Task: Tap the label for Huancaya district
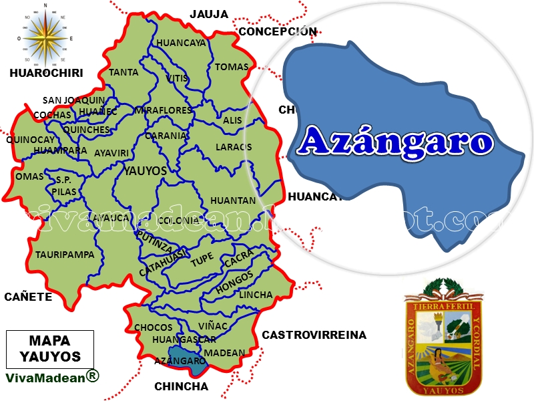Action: [x=181, y=43]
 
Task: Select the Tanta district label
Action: [x=123, y=72]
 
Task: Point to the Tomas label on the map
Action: [x=232, y=67]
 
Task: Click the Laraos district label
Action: [x=234, y=147]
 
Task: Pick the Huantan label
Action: [x=233, y=200]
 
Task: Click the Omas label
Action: [x=29, y=176]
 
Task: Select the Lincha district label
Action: [x=256, y=295]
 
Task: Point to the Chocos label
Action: [x=154, y=327]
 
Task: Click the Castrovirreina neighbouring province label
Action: [x=314, y=335]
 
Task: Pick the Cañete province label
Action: [x=27, y=297]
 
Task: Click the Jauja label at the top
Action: [x=209, y=13]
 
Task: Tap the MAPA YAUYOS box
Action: [x=50, y=348]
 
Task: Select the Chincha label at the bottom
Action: [x=181, y=386]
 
